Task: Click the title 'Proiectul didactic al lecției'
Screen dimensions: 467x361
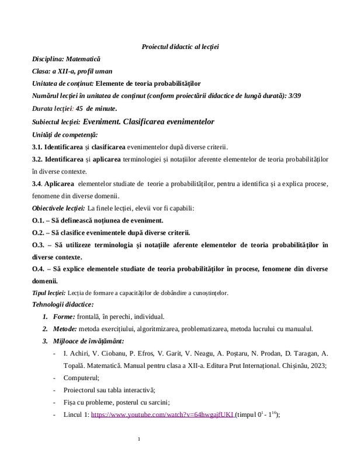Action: click(180, 46)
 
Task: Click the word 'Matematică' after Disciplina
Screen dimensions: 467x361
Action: click(82, 59)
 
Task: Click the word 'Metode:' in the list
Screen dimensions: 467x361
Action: click(67, 329)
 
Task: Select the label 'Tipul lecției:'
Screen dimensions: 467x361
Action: click(48, 292)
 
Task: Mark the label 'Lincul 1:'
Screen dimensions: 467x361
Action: click(77, 415)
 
